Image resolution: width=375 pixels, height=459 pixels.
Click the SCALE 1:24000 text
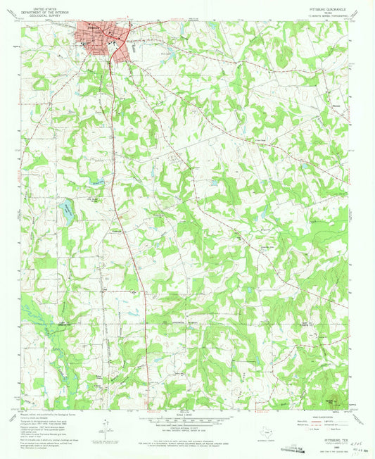click(x=187, y=413)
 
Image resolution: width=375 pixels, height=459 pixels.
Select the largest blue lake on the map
click(x=66, y=208)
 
